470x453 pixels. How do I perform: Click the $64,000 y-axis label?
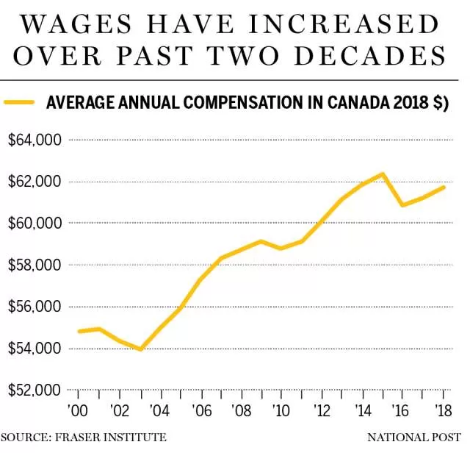pos(35,140)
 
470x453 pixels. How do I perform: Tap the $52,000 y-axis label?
pos(35,390)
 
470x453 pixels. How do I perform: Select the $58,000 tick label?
pos(35,265)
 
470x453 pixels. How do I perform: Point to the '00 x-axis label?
pos(78,410)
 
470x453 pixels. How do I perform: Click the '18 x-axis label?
pos(444,410)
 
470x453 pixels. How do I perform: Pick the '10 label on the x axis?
pos(281,410)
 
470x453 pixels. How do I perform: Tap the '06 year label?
pos(201,410)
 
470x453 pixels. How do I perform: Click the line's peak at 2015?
pos(383,174)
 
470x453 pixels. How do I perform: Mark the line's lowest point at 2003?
pos(141,349)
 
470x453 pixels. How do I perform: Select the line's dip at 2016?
pos(403,205)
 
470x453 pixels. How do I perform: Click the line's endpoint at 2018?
pos(444,188)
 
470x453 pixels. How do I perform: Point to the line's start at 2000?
pos(79,331)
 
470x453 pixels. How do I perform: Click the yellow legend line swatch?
pos(19,102)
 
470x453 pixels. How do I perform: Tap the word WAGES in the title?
pos(76,24)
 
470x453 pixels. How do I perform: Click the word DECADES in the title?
pos(370,56)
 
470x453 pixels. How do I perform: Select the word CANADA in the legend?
pos(358,102)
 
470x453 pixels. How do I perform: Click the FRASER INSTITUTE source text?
pos(111,437)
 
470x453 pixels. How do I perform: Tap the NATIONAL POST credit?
pos(414,437)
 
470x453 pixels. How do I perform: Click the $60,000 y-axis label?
pos(35,223)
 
